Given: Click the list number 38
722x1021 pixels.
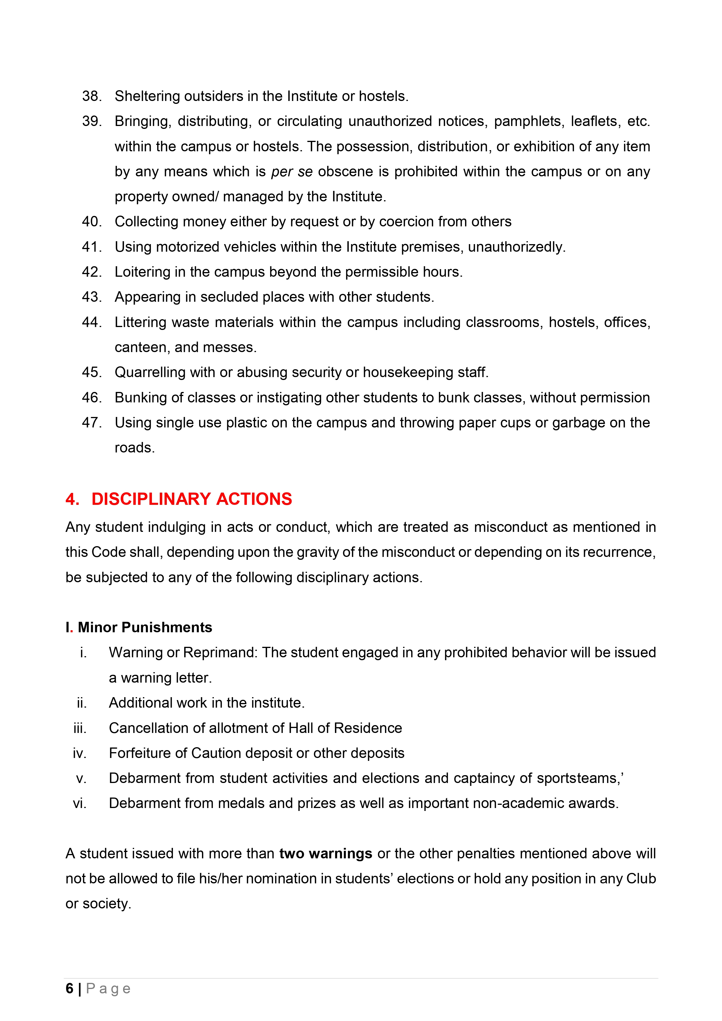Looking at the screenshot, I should [92, 96].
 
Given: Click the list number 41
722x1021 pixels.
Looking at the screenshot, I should [92, 247].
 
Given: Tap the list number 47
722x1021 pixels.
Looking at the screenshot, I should [92, 422].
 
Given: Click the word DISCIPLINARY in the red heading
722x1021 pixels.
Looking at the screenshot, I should [151, 499].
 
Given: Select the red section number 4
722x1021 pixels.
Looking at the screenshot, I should [72, 499].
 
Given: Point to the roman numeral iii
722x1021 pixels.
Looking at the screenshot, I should [80, 728].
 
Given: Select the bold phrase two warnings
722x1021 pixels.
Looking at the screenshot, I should [326, 854].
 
